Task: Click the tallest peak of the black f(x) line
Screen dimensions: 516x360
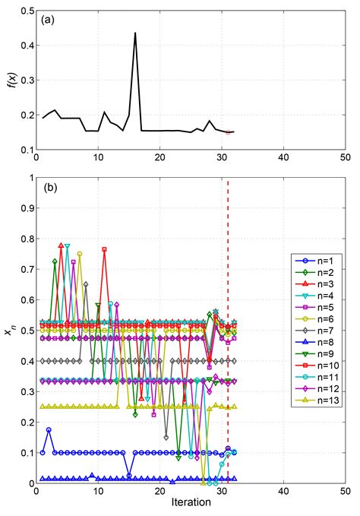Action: pos(135,33)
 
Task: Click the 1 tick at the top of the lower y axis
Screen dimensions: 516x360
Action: pos(30,178)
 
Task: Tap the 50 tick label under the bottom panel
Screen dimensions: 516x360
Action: pos(345,493)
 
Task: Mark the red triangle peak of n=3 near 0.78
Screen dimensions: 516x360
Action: pos(61,245)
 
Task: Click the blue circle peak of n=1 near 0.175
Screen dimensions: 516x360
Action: pos(49,429)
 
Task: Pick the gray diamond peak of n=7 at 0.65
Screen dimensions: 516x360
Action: pos(86,284)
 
